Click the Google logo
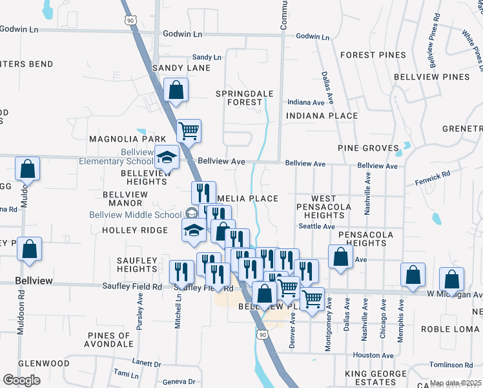pyautogui.click(x=21, y=380)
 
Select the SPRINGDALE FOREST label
pyautogui.click(x=244, y=98)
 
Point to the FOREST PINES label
pyautogui.click(x=373, y=55)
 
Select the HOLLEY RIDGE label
pyautogui.click(x=134, y=230)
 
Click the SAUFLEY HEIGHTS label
pyautogui.click(x=136, y=264)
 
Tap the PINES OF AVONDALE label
pyautogui.click(x=114, y=340)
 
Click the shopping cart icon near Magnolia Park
pyautogui.click(x=189, y=131)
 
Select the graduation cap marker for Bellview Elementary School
pyautogui.click(x=167, y=157)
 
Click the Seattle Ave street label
pyautogui.click(x=316, y=226)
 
